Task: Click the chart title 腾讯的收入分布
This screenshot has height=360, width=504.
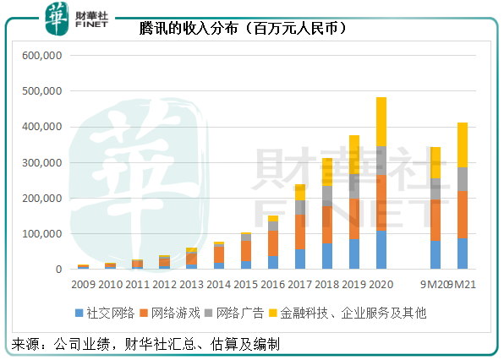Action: point(246,28)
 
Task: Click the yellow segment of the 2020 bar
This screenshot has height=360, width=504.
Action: point(381,122)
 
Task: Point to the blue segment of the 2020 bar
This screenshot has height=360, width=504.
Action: point(381,250)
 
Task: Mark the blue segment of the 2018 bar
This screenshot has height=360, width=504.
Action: point(327,256)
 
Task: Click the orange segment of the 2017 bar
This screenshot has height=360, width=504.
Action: point(300,232)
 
